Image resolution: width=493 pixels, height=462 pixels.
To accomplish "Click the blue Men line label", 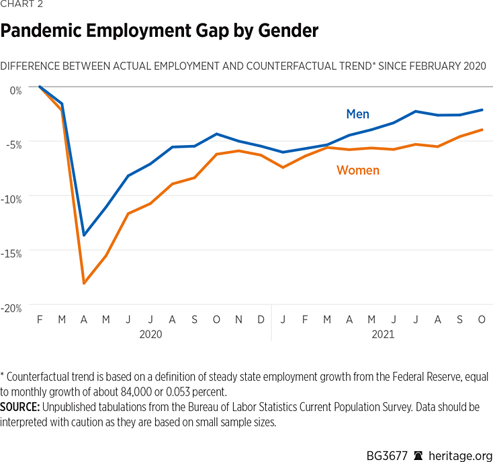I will [357, 114].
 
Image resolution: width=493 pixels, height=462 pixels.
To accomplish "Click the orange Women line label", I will [357, 171].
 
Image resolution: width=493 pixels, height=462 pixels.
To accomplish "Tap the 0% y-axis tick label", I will [15, 89].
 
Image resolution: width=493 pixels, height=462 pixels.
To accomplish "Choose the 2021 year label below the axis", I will [382, 334].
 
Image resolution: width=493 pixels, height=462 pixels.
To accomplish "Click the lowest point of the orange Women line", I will [84, 283].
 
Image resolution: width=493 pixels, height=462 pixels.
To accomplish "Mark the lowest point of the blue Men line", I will [84, 235].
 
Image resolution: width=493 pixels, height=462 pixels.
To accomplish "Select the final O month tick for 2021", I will [482, 320].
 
